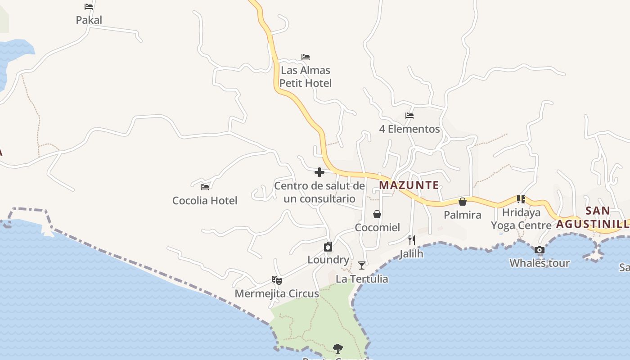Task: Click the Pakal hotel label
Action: pos(89,20)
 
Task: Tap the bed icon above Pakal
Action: pos(89,7)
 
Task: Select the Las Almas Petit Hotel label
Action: pos(306,76)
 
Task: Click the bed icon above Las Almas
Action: pos(306,57)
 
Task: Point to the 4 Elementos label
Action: pos(409,129)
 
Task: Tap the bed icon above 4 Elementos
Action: pos(409,116)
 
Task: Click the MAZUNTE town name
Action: pos(409,185)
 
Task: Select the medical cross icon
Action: pos(319,172)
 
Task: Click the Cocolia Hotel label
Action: pos(205,200)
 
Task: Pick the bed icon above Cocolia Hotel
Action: pos(205,187)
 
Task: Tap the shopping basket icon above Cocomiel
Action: pos(377,214)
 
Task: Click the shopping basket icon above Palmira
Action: pos(463,202)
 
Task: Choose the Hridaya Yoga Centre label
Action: pos(521,219)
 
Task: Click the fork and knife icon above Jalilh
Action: pos(411,240)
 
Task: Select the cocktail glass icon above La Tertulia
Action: pos(362,265)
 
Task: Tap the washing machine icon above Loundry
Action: pos(328,247)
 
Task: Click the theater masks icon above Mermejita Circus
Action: pos(277,280)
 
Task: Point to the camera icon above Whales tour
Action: pos(540,250)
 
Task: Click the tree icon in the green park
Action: pos(337,348)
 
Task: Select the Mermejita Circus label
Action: pos(277,294)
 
